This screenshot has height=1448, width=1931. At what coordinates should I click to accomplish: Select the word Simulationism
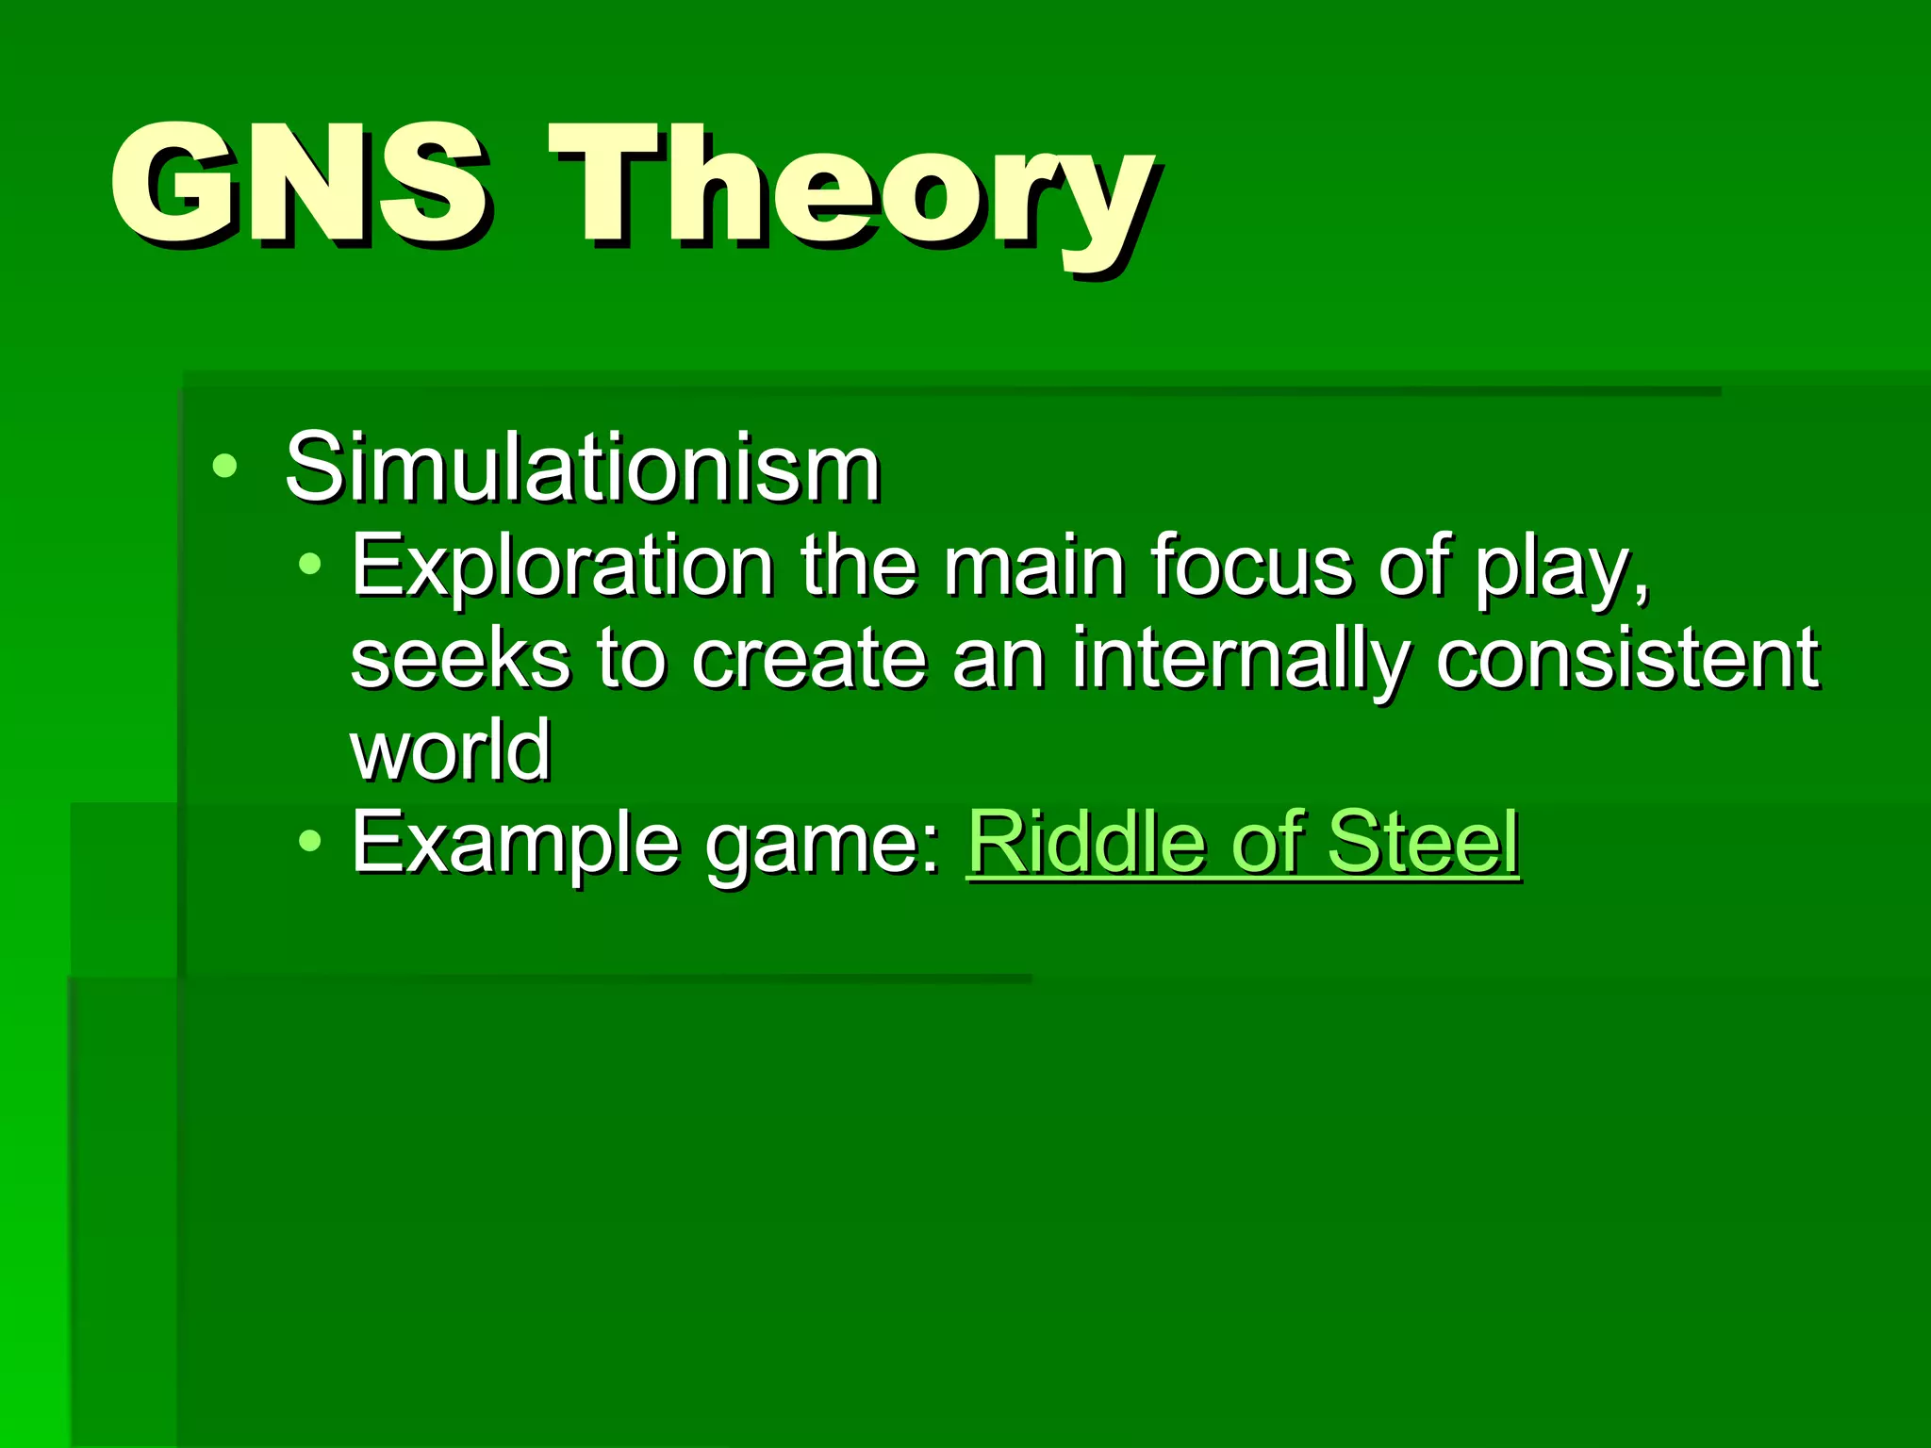[x=583, y=468]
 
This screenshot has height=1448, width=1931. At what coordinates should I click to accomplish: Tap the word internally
[x=1234, y=660]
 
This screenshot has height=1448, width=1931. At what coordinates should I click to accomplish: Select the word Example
[x=514, y=844]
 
